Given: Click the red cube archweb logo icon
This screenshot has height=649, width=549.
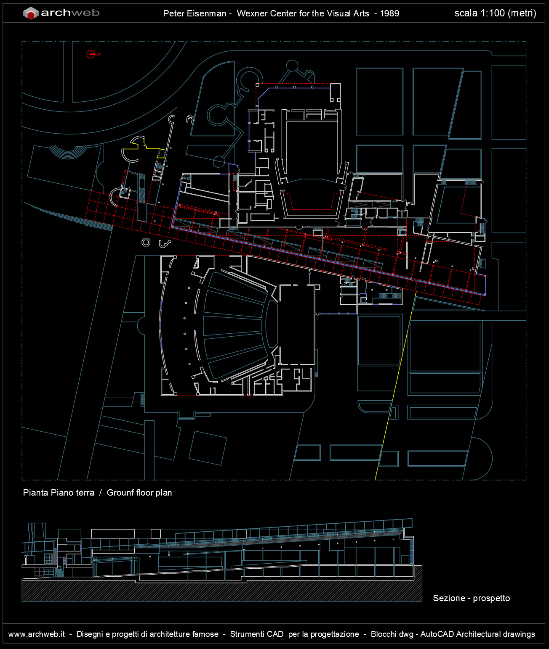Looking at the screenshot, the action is click(31, 13).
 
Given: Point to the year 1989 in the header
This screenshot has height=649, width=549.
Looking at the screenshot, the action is click(389, 14).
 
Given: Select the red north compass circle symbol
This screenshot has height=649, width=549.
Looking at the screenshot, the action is click(91, 54).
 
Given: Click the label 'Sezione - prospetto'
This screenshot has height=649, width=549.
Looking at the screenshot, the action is click(472, 598).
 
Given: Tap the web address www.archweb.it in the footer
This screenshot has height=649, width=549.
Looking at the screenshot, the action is click(37, 634).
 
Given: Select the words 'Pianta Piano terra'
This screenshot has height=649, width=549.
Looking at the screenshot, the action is click(59, 493).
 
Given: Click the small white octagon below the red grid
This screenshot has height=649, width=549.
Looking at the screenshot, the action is click(146, 242).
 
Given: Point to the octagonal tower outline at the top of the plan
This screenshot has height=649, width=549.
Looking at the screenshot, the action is click(292, 65).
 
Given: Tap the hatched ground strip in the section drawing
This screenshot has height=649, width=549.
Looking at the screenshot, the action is click(222, 590).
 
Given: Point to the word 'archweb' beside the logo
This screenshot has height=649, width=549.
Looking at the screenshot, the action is click(70, 13).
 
